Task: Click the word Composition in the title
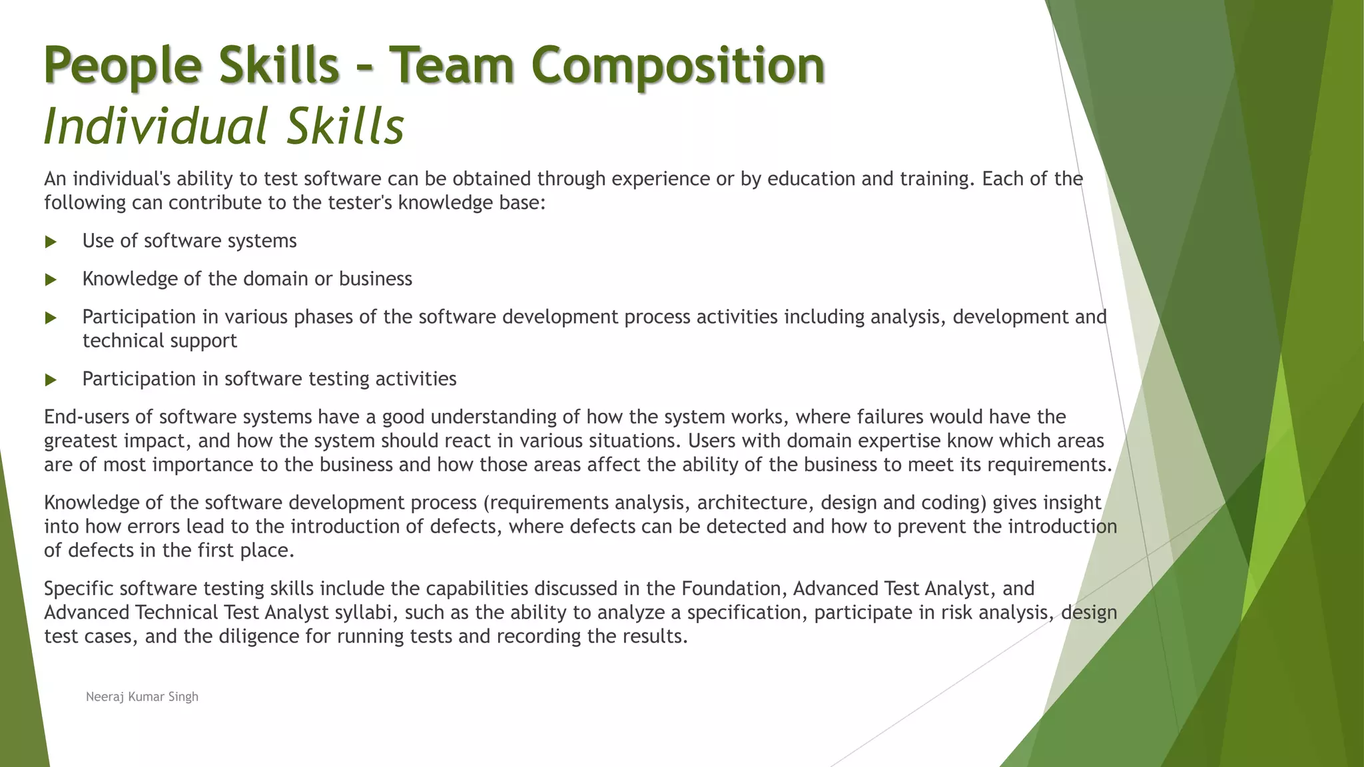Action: (x=678, y=65)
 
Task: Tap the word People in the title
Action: (x=123, y=65)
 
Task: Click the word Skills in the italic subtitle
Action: (x=345, y=126)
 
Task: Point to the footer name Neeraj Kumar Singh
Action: (x=142, y=696)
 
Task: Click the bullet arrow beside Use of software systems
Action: (x=51, y=242)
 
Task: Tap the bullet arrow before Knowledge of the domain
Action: (x=51, y=280)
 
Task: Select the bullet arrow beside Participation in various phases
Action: (x=51, y=318)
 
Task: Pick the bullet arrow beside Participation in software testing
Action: (x=51, y=380)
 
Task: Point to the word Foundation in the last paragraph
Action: (x=733, y=589)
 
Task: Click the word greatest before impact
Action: (x=81, y=441)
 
